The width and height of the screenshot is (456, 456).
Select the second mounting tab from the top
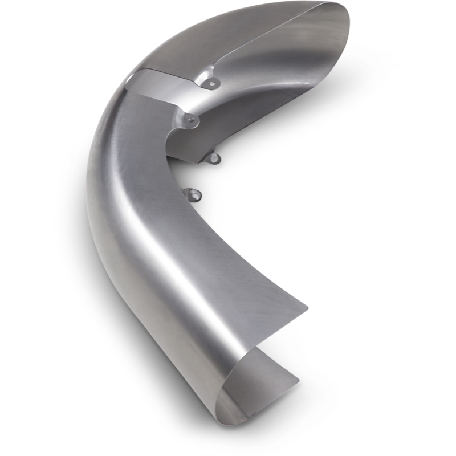(190, 120)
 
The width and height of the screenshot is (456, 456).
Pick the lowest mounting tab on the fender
(196, 195)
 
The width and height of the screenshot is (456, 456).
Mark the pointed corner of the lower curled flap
(298, 378)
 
